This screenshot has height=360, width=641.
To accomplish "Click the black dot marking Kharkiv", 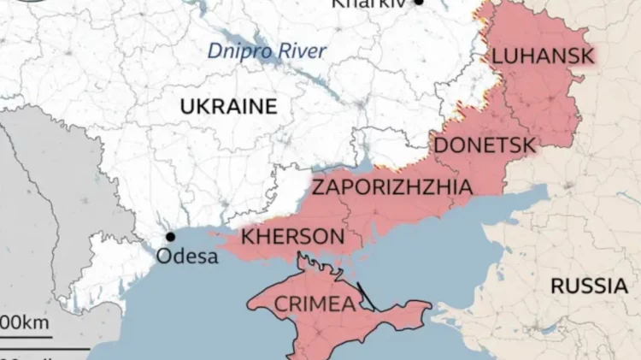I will pyautogui.click(x=419, y=3).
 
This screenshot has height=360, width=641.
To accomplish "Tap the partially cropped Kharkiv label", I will pyautogui.click(x=368, y=3).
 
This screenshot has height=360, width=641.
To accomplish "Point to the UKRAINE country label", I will pyautogui.click(x=228, y=107).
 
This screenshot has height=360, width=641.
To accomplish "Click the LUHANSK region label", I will pyautogui.click(x=543, y=56).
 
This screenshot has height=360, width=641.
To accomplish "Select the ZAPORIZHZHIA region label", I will pyautogui.click(x=391, y=187).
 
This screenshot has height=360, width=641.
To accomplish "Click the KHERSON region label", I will pyautogui.click(x=293, y=235).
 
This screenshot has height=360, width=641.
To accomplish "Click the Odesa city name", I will pyautogui.click(x=187, y=256).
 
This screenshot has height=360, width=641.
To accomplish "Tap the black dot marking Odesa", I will pyautogui.click(x=170, y=237).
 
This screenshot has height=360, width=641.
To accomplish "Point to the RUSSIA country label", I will pyautogui.click(x=588, y=286).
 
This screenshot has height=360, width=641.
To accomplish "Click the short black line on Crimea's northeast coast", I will pyautogui.click(x=366, y=296).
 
